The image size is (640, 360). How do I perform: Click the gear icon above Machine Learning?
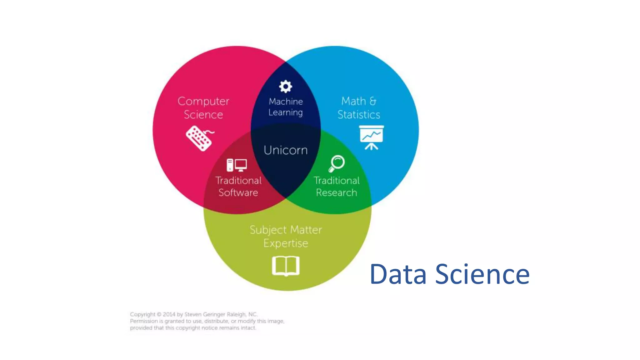(x=285, y=87)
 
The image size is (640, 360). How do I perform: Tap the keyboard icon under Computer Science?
(x=200, y=138)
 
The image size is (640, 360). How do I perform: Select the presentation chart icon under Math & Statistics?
(x=371, y=137)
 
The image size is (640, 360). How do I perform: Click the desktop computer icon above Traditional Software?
(x=237, y=165)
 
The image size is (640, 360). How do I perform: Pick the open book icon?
(x=286, y=266)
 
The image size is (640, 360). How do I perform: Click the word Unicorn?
(x=286, y=150)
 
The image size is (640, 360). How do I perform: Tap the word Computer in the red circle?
(x=203, y=101)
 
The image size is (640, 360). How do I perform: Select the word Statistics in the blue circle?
(x=359, y=115)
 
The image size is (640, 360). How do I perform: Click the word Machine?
(x=286, y=102)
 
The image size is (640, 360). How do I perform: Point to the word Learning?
(x=286, y=112)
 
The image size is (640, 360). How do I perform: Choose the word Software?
(x=238, y=192)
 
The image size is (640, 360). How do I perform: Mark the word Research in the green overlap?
(x=336, y=192)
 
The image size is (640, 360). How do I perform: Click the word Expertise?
(x=286, y=243)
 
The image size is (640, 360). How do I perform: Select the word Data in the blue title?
(x=398, y=274)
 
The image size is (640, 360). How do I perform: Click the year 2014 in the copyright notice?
(x=169, y=314)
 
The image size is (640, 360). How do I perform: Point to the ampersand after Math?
(x=373, y=101)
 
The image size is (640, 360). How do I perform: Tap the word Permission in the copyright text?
(x=144, y=321)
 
